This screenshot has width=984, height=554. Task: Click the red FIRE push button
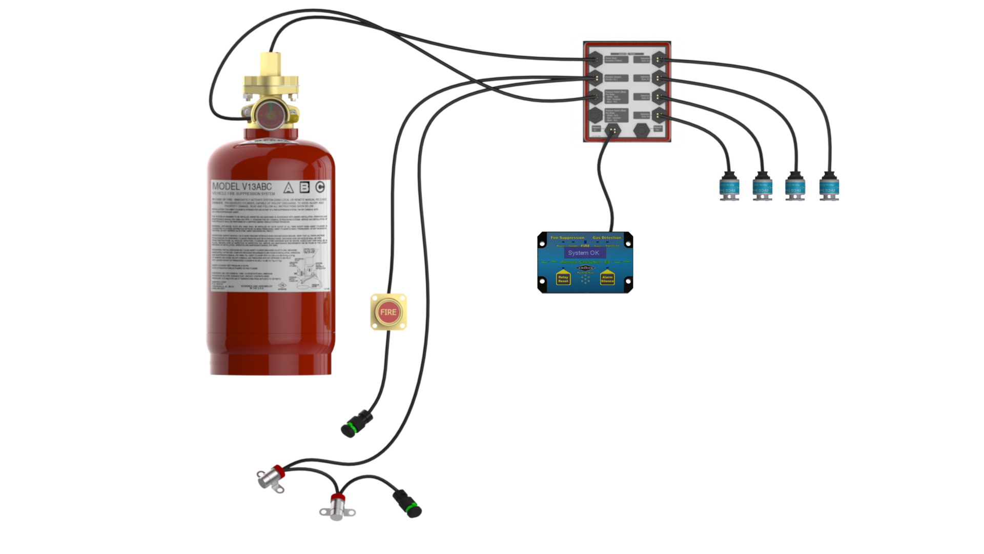click(388, 312)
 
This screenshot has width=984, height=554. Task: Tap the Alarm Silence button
click(607, 278)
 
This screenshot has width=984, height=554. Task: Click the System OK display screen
click(584, 253)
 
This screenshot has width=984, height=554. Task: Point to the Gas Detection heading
click(607, 238)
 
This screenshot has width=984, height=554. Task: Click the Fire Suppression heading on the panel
click(567, 238)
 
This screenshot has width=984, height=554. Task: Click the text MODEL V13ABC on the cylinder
click(242, 186)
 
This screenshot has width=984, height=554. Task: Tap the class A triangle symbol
click(289, 188)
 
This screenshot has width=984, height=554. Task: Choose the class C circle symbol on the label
click(320, 187)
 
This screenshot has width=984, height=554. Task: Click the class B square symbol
click(304, 187)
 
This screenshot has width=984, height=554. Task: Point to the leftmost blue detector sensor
click(728, 186)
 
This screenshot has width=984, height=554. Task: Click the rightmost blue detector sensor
click(829, 186)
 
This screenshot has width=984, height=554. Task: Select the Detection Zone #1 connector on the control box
click(659, 60)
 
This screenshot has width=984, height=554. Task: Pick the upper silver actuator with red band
click(271, 478)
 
